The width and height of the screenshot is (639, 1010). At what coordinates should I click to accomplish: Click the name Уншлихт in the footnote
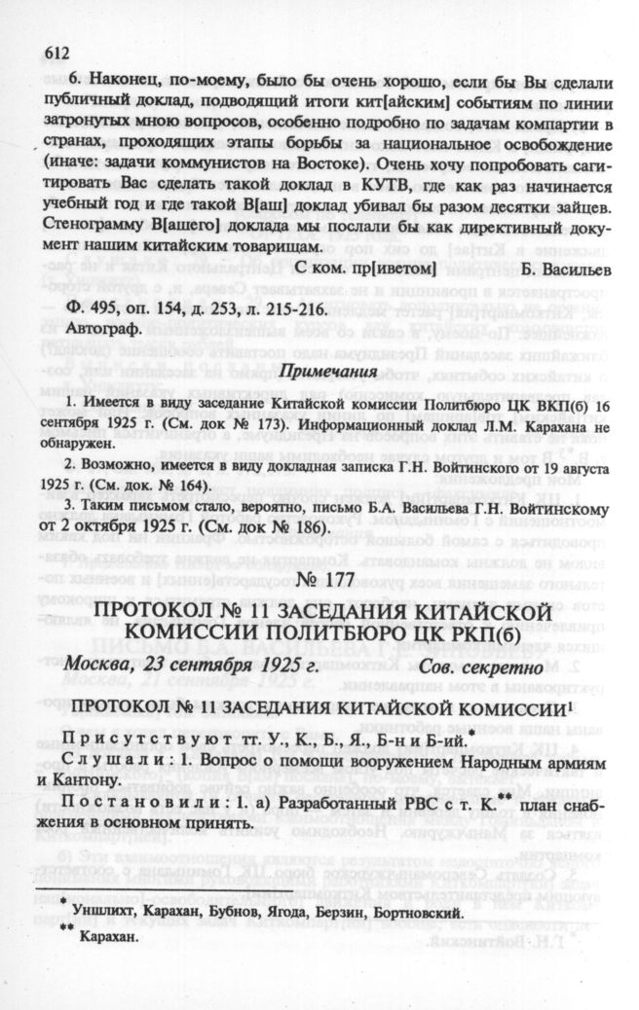[x=108, y=914]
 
